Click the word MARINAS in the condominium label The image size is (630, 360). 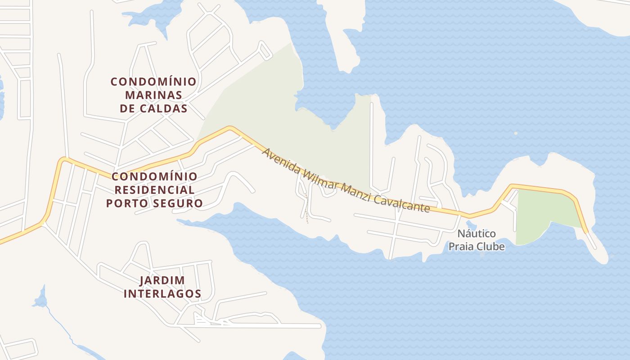pyautogui.click(x=153, y=95)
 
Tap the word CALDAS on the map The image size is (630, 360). pyautogui.click(x=163, y=108)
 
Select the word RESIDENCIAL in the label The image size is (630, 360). pyautogui.click(x=154, y=189)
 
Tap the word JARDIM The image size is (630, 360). pyautogui.click(x=162, y=280)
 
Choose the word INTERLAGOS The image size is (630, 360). pyautogui.click(x=162, y=294)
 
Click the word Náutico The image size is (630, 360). pyautogui.click(x=477, y=234)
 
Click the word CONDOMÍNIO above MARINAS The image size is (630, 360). pyautogui.click(x=153, y=81)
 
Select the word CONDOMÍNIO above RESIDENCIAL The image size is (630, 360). pyautogui.click(x=154, y=176)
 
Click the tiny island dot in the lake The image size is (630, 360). pyautogui.click(x=516, y=133)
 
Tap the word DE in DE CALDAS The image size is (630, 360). pyautogui.click(x=128, y=108)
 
